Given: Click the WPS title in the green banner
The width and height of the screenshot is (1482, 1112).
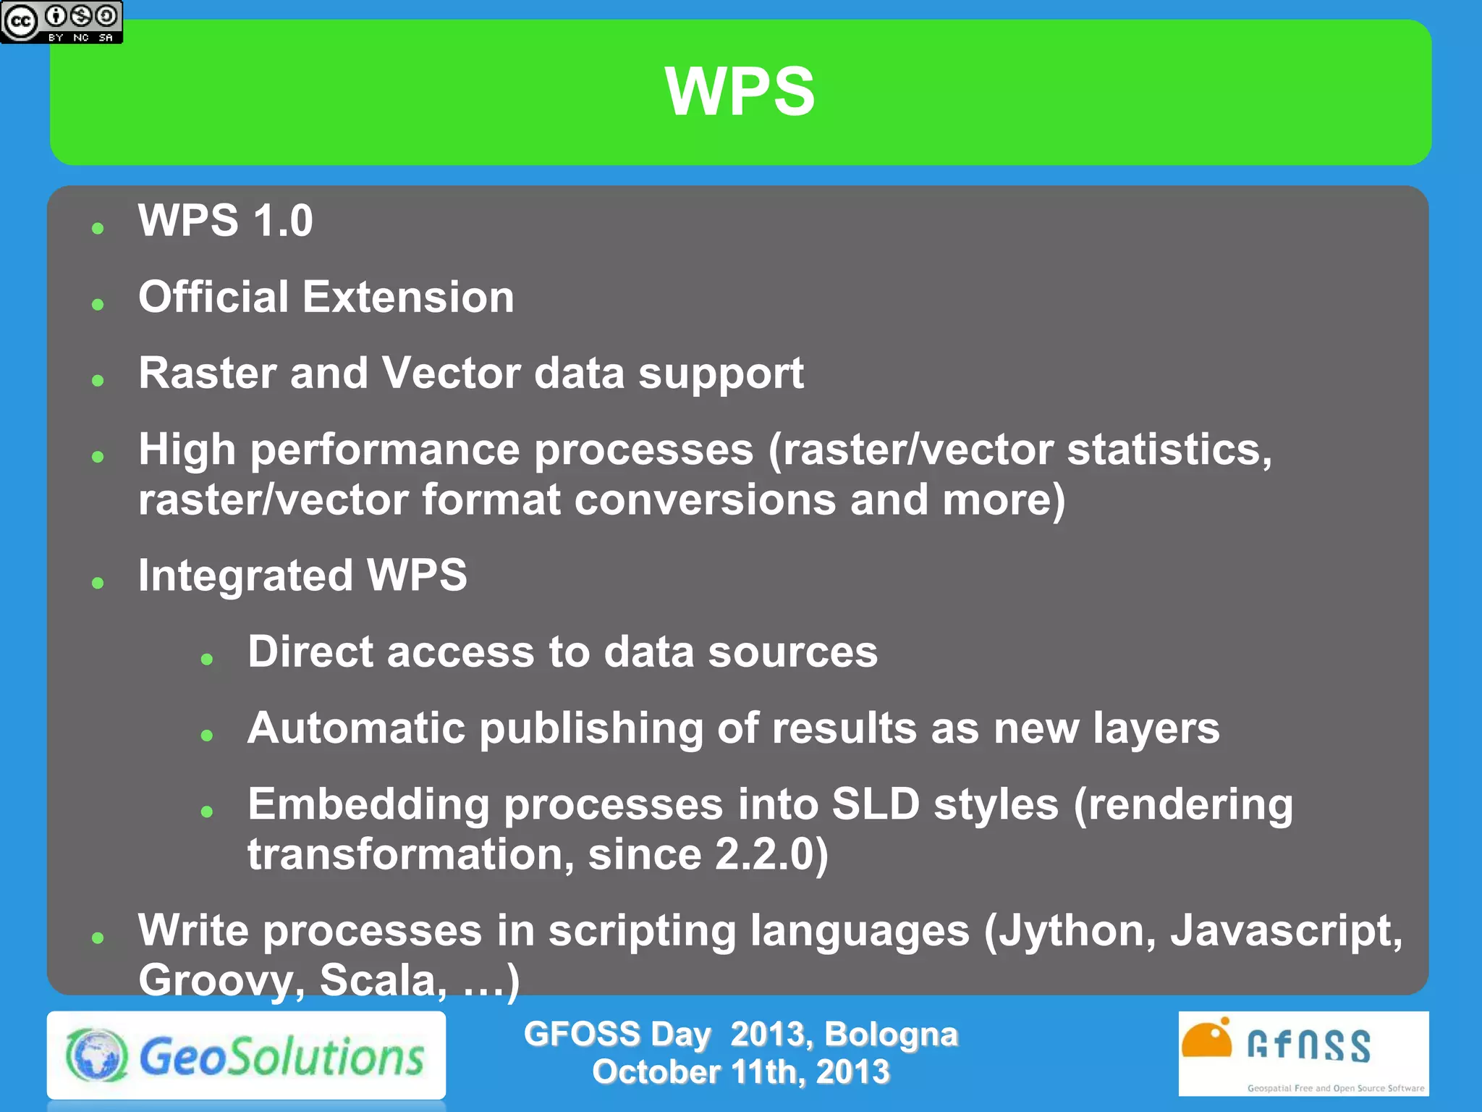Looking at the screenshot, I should click(x=740, y=91).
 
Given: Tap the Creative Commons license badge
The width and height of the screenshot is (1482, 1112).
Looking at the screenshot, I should click(x=62, y=22).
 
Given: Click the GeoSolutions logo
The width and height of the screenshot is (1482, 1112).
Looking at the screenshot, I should click(x=246, y=1056).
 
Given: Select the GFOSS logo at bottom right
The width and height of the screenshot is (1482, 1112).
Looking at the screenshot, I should click(x=1303, y=1053).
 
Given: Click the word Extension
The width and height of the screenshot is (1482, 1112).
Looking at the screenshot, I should click(x=408, y=297).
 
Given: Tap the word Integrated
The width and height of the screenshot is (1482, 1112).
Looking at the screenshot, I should click(x=245, y=576).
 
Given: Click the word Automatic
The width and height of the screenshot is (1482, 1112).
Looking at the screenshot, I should click(x=356, y=728).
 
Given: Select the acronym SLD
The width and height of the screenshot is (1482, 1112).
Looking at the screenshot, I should click(x=875, y=804).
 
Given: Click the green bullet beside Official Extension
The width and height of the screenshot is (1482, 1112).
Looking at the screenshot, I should click(x=98, y=305).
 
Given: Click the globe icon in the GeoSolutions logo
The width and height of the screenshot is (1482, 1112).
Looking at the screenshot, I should click(x=97, y=1056).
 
